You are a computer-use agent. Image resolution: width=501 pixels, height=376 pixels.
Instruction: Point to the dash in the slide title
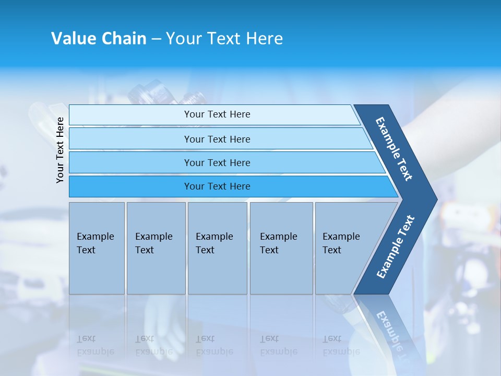156,39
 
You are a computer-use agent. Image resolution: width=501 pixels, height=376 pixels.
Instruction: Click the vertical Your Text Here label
61,150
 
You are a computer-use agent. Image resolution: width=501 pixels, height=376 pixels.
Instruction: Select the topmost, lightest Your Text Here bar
217,114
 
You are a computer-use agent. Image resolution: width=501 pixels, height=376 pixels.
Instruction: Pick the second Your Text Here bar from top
217,139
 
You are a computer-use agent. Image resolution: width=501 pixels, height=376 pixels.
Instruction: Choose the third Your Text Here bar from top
217,162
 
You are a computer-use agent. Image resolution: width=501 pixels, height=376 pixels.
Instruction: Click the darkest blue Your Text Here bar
217,186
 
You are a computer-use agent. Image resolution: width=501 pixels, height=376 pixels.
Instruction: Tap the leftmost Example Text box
97,248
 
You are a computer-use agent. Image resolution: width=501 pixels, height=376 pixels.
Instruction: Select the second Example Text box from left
156,248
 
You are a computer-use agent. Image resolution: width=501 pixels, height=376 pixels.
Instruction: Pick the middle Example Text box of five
217,248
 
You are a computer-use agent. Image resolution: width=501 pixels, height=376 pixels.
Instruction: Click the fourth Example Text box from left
281,248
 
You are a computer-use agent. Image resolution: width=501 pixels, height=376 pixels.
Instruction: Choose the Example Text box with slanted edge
344,248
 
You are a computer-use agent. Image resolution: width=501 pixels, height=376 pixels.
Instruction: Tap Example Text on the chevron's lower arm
396,246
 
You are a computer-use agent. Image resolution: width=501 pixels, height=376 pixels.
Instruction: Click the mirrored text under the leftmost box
96,345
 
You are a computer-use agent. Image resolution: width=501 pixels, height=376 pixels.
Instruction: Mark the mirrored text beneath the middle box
214,345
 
